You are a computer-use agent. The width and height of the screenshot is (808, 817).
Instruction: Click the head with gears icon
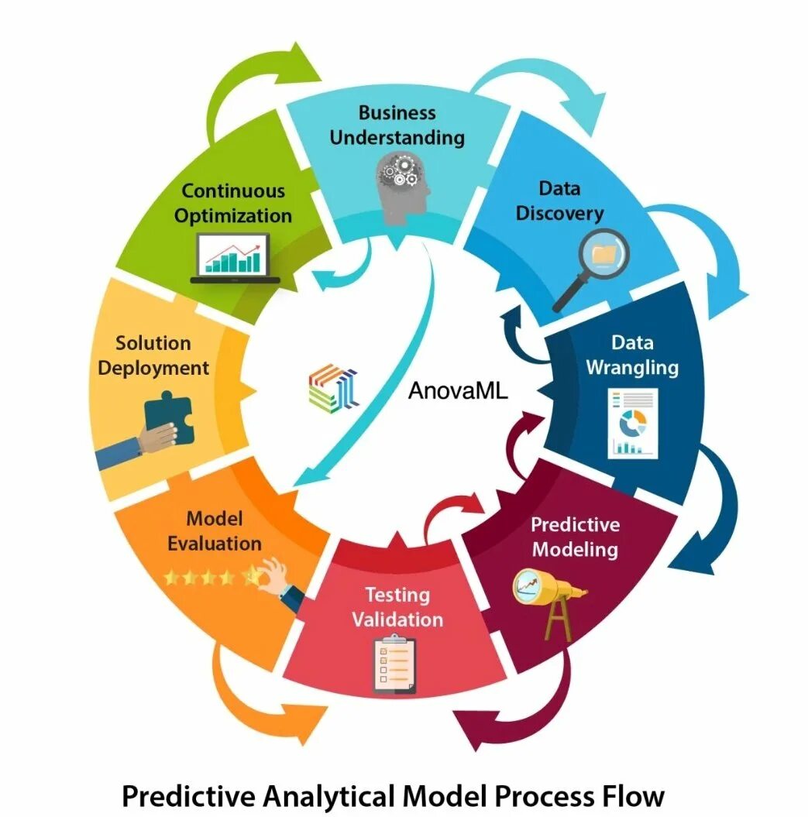[x=402, y=186]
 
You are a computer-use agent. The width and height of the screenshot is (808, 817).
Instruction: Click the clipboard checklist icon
[x=394, y=662]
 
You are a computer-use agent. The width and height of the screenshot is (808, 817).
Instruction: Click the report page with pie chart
[x=632, y=423]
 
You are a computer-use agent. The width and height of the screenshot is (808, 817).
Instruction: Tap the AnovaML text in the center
[x=458, y=390]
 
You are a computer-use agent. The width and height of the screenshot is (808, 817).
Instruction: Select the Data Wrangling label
[x=632, y=355]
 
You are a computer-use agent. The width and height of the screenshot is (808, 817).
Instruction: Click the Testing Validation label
[x=397, y=607]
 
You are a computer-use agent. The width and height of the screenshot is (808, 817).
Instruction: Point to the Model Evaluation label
[x=215, y=530]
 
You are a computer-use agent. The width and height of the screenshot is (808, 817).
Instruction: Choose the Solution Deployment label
[x=153, y=355]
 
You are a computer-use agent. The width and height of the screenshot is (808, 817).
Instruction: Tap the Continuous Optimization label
[x=233, y=203]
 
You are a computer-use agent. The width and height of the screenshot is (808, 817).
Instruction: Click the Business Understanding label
[x=397, y=125]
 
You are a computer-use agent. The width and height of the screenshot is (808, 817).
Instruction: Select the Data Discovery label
[x=559, y=200]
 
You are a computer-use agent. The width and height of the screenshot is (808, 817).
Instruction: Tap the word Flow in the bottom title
[x=633, y=796]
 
